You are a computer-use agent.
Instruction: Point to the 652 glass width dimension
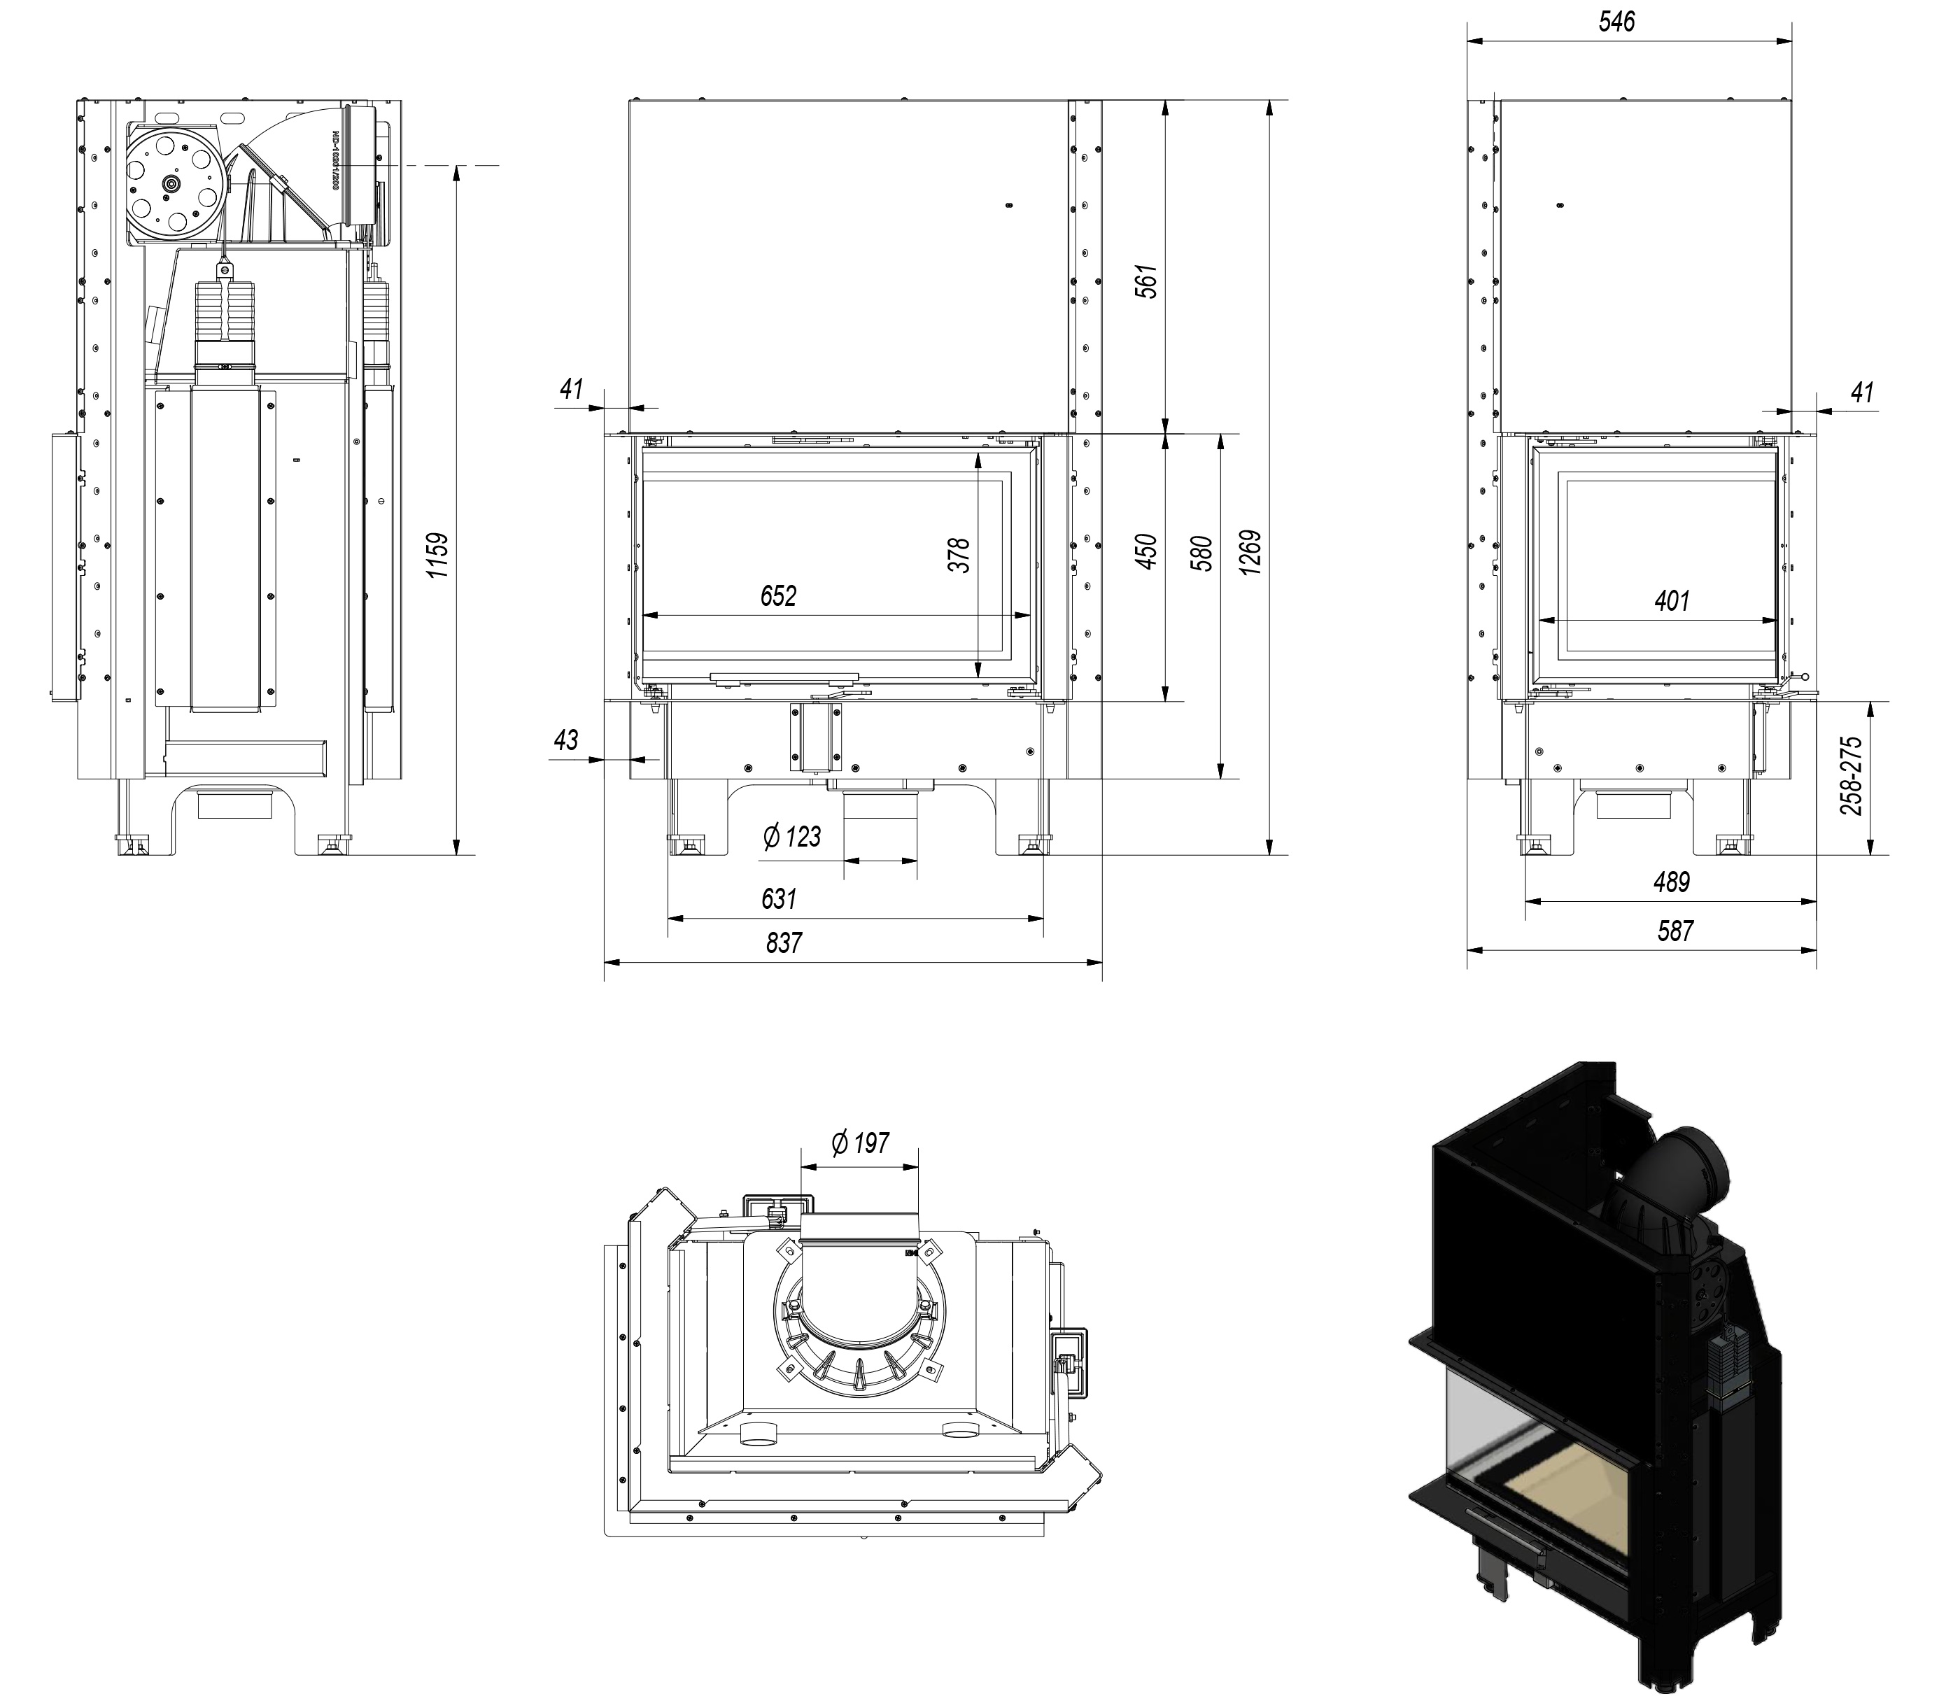coord(779,595)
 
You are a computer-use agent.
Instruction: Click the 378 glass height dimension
coord(959,556)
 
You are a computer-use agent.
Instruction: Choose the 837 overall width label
coord(784,942)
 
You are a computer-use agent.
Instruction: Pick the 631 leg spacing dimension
coord(779,897)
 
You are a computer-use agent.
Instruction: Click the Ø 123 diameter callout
coord(791,837)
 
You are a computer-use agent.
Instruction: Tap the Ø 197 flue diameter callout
coord(859,1143)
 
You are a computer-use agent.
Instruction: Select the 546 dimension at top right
coord(1616,22)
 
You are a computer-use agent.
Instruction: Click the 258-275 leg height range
coord(1853,776)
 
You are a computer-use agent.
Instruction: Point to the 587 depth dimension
coord(1675,931)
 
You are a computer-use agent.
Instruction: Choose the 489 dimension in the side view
coord(1671,882)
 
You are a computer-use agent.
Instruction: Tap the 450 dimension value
coord(1146,552)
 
